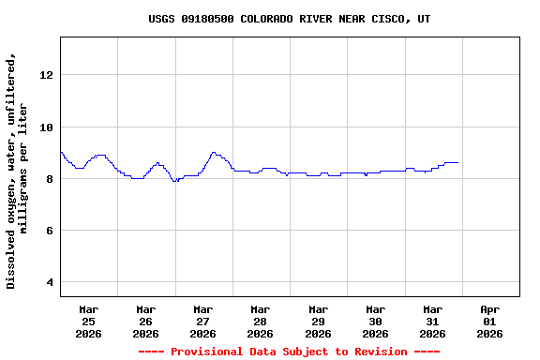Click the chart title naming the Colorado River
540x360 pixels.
click(x=290, y=19)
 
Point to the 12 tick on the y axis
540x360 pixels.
click(x=47, y=75)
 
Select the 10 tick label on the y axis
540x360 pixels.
click(x=47, y=127)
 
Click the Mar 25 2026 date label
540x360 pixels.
click(x=88, y=321)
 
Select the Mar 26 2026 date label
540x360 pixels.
click(x=145, y=321)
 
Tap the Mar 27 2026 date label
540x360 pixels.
click(x=202, y=321)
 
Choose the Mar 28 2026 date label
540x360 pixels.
click(x=260, y=321)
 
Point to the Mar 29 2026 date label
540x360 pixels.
click(x=318, y=321)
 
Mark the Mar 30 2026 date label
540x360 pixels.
click(x=375, y=321)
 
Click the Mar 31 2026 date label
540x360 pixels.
click(x=432, y=321)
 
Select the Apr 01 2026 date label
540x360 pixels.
click(x=489, y=321)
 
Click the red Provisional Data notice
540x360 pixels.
click(x=289, y=352)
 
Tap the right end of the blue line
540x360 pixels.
click(x=457, y=162)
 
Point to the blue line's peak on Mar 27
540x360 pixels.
click(x=214, y=152)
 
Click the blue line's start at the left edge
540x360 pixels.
click(x=61, y=152)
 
